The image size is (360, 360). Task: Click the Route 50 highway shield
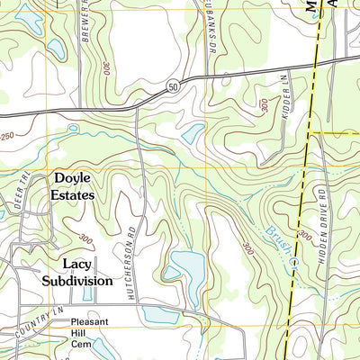[171, 85]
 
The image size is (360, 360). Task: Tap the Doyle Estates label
[74, 186]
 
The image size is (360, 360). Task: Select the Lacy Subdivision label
[76, 272]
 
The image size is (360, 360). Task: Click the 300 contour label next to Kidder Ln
[264, 105]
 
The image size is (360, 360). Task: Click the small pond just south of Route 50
[193, 134]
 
